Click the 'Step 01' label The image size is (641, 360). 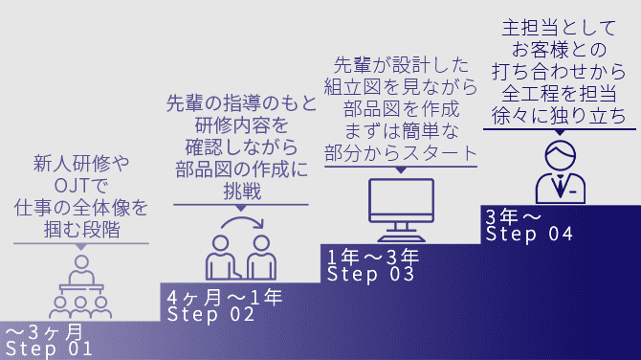49,349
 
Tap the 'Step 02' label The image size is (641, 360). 210,315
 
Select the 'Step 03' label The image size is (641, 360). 370,274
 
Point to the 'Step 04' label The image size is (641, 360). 529,234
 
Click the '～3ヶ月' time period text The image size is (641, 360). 44,332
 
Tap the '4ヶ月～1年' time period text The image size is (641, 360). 225,298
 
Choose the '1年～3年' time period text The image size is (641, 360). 373,257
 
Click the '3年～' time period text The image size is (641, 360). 513,216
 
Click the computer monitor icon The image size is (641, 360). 401,210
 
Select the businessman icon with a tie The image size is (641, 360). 561,171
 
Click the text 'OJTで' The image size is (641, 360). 81,186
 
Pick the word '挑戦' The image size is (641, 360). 242,191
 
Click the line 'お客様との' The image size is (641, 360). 560,50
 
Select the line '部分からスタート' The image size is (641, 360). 401,153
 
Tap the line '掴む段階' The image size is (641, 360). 81,230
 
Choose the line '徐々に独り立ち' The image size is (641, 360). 559,116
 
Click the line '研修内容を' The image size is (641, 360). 242,125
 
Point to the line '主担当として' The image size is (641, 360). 559,28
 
